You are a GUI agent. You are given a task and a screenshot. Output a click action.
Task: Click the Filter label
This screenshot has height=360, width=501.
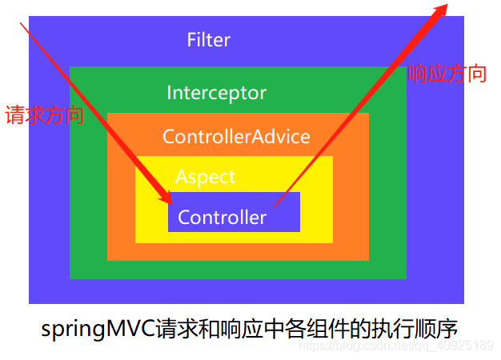[x=208, y=40]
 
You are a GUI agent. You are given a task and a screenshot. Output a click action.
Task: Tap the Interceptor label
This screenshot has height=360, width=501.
[x=216, y=93]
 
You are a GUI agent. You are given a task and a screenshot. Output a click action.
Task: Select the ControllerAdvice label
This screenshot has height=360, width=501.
[x=236, y=136]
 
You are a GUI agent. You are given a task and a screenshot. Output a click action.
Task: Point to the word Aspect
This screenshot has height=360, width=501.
[x=206, y=177]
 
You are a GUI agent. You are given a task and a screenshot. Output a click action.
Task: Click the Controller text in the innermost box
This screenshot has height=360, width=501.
[x=222, y=217]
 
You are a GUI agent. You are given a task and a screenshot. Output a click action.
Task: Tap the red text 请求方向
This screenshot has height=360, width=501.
[x=44, y=115]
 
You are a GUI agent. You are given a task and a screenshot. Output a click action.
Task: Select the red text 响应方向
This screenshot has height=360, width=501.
[x=447, y=74]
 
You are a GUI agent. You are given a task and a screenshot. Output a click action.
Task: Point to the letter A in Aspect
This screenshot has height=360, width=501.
[x=182, y=177]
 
